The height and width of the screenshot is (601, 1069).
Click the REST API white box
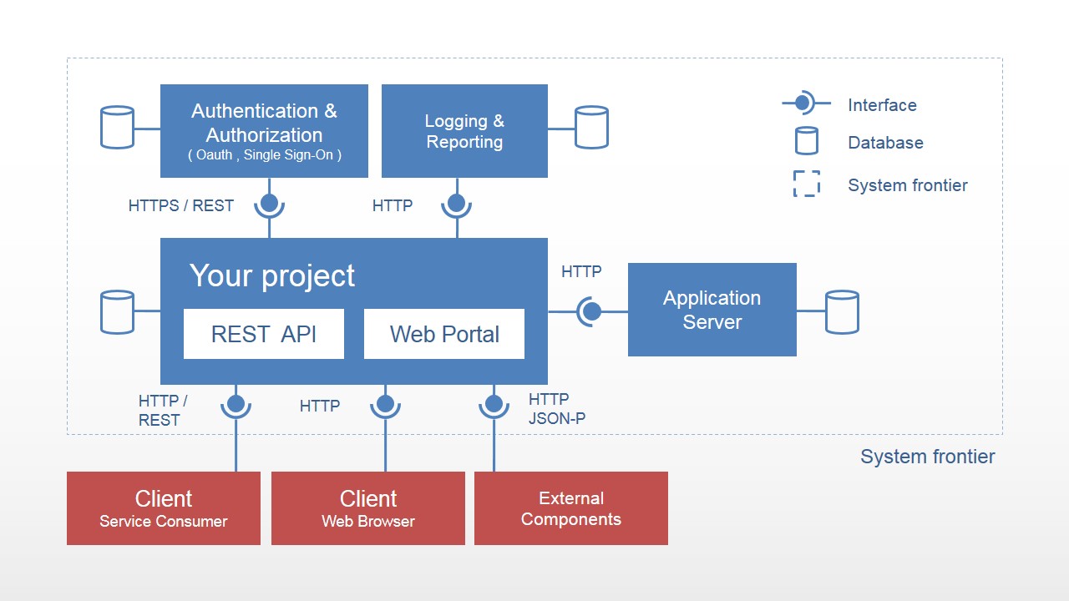[263, 334]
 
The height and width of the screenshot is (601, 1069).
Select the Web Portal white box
[443, 334]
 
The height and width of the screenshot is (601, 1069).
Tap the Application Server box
[712, 310]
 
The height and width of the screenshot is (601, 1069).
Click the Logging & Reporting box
[464, 131]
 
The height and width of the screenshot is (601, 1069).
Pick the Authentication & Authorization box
[264, 131]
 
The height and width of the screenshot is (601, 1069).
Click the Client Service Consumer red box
[164, 508]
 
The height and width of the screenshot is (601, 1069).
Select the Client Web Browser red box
[368, 508]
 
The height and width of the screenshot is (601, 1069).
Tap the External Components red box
[571, 508]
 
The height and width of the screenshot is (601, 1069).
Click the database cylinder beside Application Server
[842, 312]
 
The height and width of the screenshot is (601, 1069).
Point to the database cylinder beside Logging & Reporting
[591, 128]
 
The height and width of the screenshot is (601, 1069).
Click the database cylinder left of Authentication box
[117, 128]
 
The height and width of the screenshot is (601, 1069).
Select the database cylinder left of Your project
[117, 312]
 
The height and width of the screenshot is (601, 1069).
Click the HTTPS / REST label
[180, 205]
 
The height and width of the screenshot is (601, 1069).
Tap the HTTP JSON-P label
[556, 409]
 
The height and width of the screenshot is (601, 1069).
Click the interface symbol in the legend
[803, 104]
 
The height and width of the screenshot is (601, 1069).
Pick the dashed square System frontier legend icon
[807, 184]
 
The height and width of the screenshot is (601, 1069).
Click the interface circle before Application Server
[591, 311]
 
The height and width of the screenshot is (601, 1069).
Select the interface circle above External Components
[494, 404]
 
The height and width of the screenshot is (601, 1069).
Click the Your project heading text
[272, 275]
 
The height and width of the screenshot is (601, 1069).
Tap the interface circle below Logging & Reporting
[456, 202]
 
